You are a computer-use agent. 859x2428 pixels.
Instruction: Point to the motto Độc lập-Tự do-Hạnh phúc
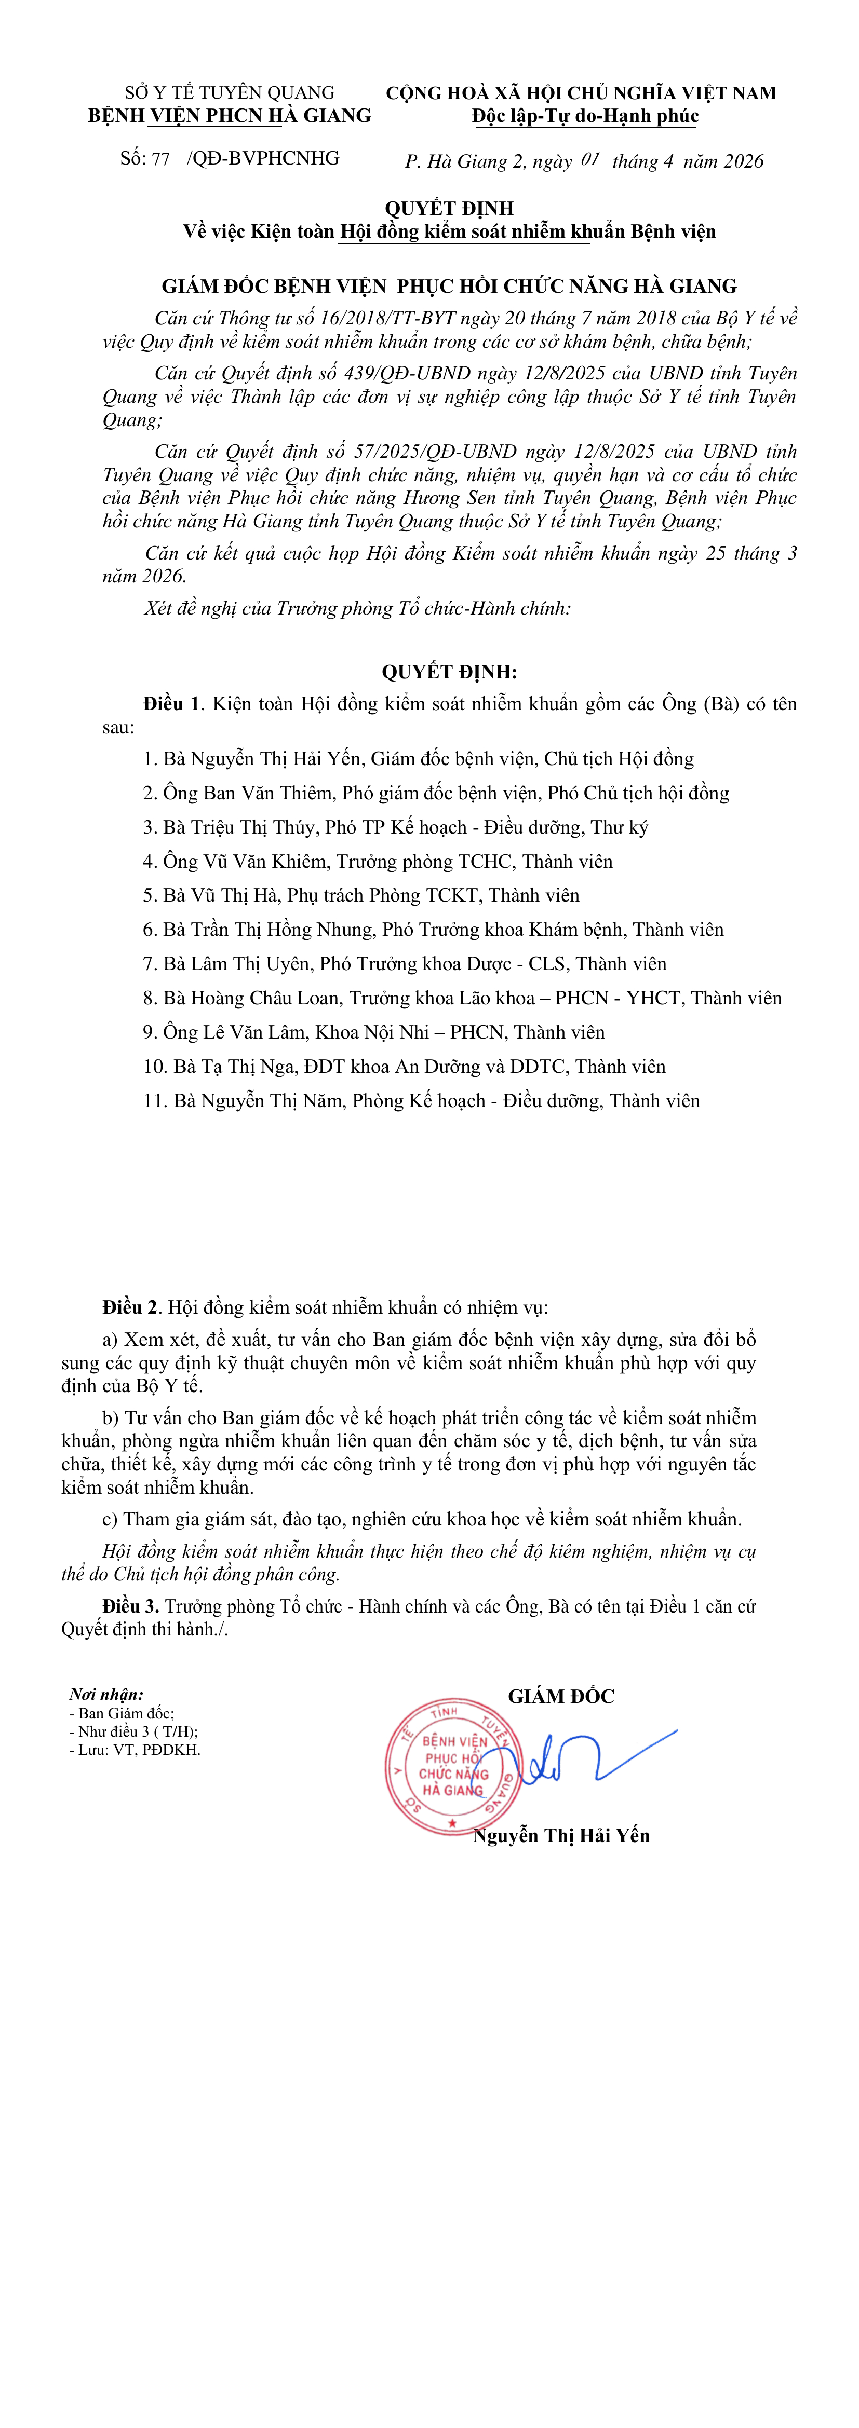pyautogui.click(x=585, y=116)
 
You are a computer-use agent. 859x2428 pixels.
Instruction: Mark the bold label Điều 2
pyautogui.click(x=130, y=1307)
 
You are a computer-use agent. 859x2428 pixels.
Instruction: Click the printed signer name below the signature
pyautogui.click(x=561, y=1835)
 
